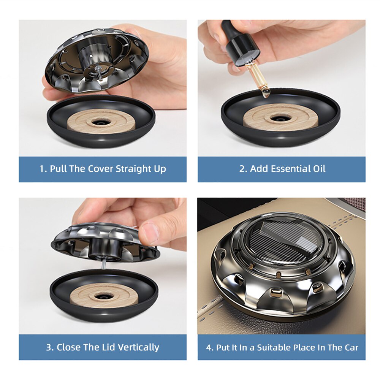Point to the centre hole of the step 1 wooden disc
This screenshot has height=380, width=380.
pyautogui.click(x=101, y=122)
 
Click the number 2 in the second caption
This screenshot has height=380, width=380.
pyautogui.click(x=242, y=169)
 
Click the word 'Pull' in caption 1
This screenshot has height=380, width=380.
pyautogui.click(x=58, y=169)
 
